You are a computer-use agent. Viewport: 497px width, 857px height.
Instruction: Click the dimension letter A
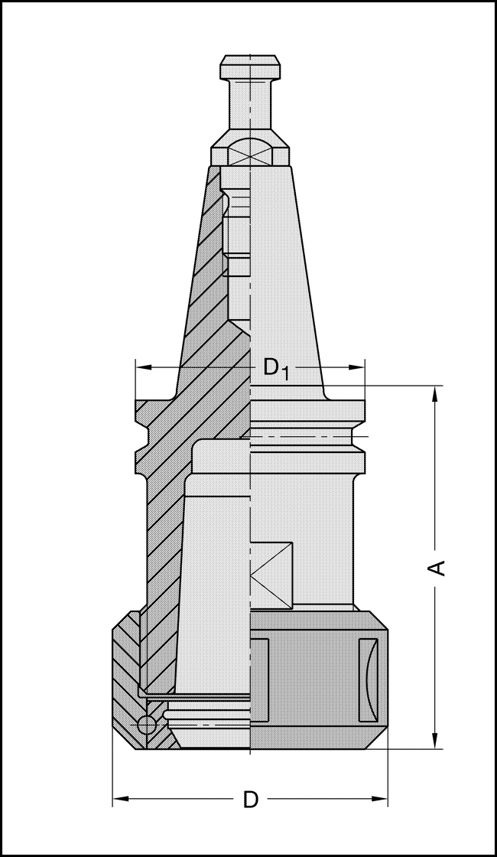coord(437,567)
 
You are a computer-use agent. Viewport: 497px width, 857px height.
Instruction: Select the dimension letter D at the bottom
coord(251,800)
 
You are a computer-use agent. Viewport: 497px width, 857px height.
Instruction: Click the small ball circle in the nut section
coord(146,725)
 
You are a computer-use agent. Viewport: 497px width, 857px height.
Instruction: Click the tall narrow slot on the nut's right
coord(369,679)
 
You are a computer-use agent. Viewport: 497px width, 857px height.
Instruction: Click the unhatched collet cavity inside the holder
coord(218,582)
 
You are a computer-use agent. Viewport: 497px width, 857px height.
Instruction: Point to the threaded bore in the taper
coord(239,230)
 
